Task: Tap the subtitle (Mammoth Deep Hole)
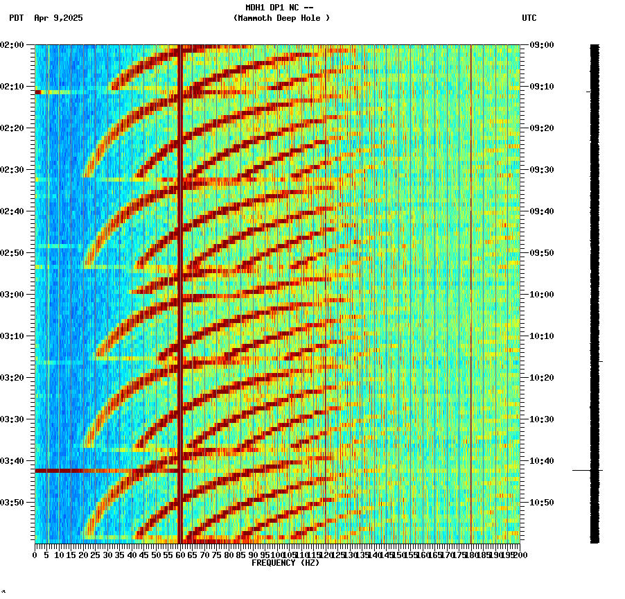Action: (x=281, y=18)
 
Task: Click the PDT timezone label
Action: (x=16, y=18)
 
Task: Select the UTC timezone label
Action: (x=529, y=18)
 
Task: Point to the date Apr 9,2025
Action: (x=58, y=18)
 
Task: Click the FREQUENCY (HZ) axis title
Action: (x=285, y=563)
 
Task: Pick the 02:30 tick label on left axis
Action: (x=12, y=170)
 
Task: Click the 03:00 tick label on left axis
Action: (x=12, y=295)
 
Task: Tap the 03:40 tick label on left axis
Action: (x=12, y=461)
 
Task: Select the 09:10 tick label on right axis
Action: (x=541, y=87)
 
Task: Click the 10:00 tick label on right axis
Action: (x=541, y=295)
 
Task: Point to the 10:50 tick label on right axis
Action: (x=541, y=503)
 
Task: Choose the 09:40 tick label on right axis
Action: (x=541, y=211)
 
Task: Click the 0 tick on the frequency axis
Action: (x=35, y=555)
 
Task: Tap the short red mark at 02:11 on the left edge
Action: (x=38, y=92)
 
